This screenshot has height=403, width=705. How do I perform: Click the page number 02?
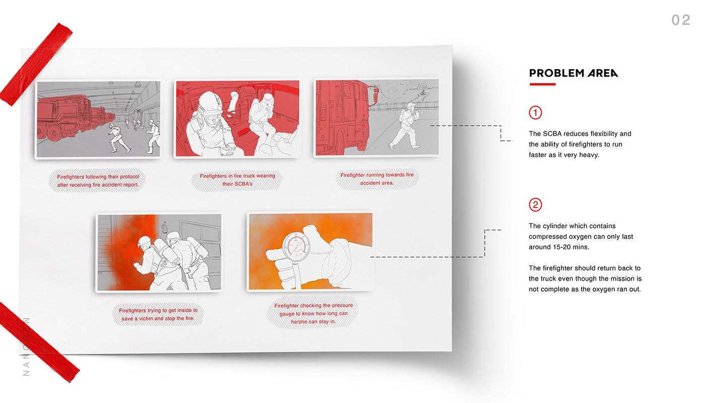pyautogui.click(x=681, y=20)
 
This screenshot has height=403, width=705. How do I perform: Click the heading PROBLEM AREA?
pyautogui.click(x=574, y=73)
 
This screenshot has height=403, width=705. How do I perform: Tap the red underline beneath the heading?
pyautogui.click(x=542, y=85)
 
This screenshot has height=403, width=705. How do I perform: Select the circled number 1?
pyautogui.click(x=535, y=112)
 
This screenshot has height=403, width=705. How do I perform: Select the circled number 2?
pyautogui.click(x=535, y=205)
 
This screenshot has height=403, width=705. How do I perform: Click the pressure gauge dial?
pyautogui.click(x=296, y=246)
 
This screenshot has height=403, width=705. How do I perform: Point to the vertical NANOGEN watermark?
pyautogui.click(x=26, y=347)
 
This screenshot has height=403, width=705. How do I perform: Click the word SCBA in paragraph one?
pyautogui.click(x=552, y=133)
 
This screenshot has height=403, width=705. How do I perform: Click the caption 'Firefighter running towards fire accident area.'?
pyautogui.click(x=377, y=179)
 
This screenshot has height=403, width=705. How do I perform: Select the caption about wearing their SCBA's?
pyautogui.click(x=237, y=180)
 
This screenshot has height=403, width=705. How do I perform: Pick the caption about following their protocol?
pyautogui.click(x=98, y=181)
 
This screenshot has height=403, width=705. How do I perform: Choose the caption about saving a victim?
pyautogui.click(x=158, y=314)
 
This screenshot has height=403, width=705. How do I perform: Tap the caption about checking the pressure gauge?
pyautogui.click(x=313, y=313)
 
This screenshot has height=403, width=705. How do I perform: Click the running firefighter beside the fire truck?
pyautogui.click(x=406, y=126)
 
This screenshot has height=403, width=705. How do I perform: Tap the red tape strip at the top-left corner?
pyautogui.click(x=36, y=64)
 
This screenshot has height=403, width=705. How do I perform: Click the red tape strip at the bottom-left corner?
pyautogui.click(x=39, y=343)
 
